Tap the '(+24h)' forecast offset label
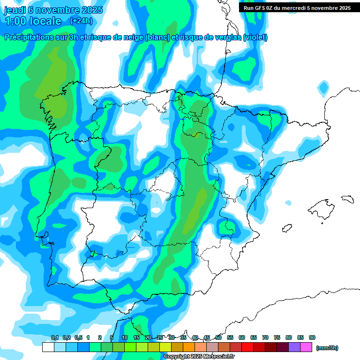coord(81,21)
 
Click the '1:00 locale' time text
coord(33,21)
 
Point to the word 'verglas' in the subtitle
coord(225,37)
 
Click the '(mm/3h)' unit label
coord(327,348)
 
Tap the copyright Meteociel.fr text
coord(199,357)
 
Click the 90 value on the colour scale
coord(312,337)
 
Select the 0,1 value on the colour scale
coord(54,337)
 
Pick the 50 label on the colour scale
coord(218,337)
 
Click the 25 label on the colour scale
coord(160,337)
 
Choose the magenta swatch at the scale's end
coord(306,347)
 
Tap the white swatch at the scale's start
coord(48,347)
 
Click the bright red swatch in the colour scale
coord(247,347)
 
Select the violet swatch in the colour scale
coord(294,347)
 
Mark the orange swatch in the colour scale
coord(189,347)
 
